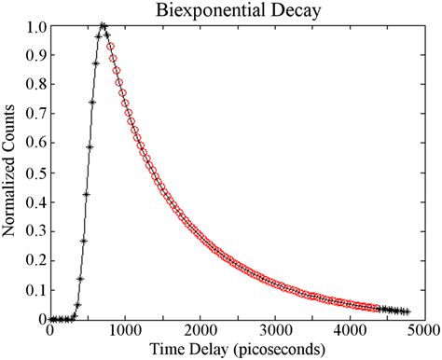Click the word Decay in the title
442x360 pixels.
pos(289,10)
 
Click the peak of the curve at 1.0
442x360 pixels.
pos(102,26)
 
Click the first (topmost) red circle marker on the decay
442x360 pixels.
pos(110,44)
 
